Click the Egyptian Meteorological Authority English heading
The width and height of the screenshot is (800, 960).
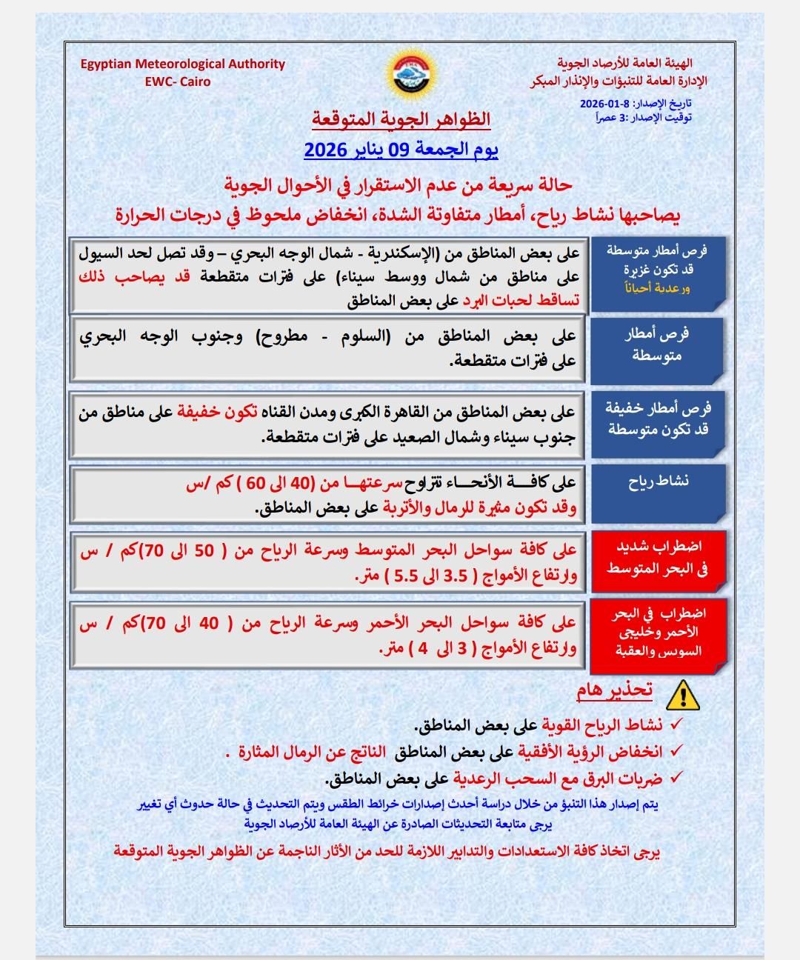pyautogui.click(x=183, y=64)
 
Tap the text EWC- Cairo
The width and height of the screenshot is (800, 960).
pyautogui.click(x=178, y=81)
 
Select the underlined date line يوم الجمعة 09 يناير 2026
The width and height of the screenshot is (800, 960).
pyautogui.click(x=401, y=150)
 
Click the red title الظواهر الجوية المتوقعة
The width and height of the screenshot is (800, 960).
pyautogui.click(x=401, y=119)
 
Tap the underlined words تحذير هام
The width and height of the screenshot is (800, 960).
pyautogui.click(x=615, y=690)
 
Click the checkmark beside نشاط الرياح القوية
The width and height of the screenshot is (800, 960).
pyautogui.click(x=676, y=724)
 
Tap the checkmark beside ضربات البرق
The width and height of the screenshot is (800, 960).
pyautogui.click(x=676, y=778)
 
